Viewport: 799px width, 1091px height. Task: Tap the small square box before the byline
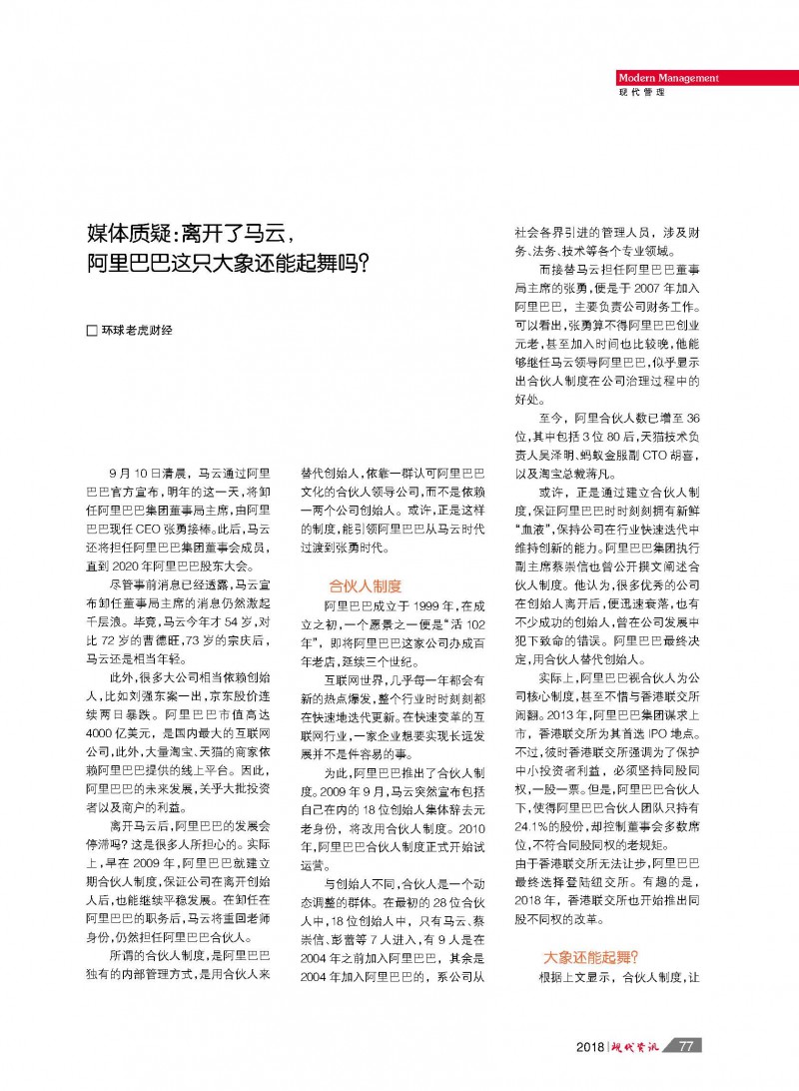pyautogui.click(x=93, y=330)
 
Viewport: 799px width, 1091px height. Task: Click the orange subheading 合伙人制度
pyautogui.click(x=365, y=585)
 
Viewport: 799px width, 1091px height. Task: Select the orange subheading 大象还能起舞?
pyautogui.click(x=589, y=955)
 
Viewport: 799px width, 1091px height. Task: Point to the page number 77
pyautogui.click(x=686, y=1047)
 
